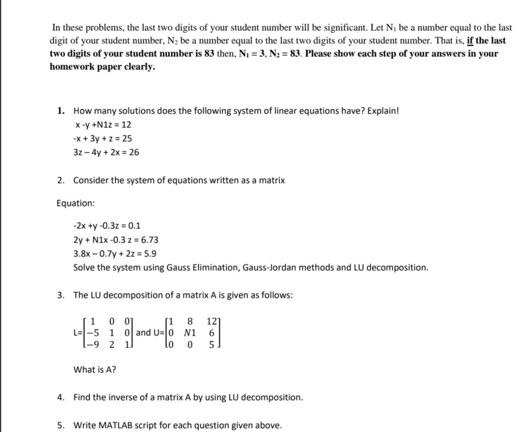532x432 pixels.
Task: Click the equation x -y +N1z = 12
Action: tap(103, 125)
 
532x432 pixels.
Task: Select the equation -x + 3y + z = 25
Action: tap(102, 139)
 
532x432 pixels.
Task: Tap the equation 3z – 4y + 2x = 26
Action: tap(106, 152)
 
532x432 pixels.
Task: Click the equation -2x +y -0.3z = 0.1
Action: tap(107, 226)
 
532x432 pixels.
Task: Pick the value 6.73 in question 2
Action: tap(150, 240)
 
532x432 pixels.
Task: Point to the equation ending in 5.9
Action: tap(115, 254)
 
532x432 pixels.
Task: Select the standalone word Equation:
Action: tap(76, 203)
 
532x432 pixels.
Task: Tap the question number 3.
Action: tap(60, 296)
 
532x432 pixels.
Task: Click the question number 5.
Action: tap(60, 426)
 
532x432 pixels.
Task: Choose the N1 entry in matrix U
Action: tap(190, 333)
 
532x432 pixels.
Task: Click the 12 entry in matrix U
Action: tap(212, 321)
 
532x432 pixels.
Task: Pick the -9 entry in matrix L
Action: tap(93, 344)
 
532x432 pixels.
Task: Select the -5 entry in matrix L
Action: tap(93, 333)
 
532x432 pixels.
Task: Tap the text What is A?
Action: tap(95, 370)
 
